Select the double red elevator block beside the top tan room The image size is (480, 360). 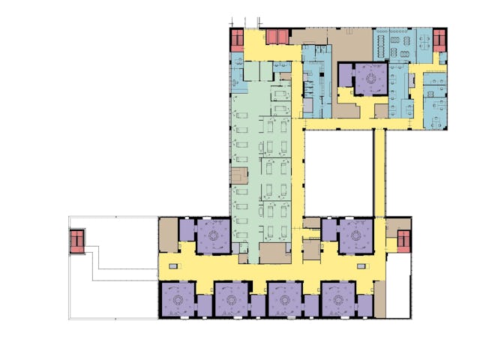(x=277, y=35)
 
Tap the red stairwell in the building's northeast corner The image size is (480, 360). (x=440, y=39)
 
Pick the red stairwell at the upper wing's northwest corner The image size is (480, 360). (x=236, y=40)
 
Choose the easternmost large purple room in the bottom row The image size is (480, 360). (x=338, y=299)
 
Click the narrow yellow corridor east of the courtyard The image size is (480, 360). (x=379, y=172)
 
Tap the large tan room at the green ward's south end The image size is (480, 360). (x=273, y=253)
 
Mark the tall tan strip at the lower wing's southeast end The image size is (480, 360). (x=381, y=299)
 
